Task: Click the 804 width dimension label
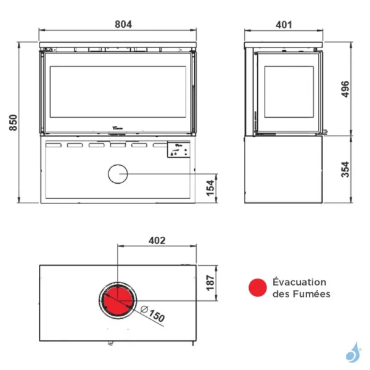point(123,24)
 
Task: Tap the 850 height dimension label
point(14,123)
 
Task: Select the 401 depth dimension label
point(284,25)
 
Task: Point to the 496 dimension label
point(345,89)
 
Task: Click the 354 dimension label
point(345,169)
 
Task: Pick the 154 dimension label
point(210,188)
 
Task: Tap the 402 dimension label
point(157,240)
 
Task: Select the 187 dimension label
point(210,282)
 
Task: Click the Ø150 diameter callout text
point(153,314)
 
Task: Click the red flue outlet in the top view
point(118,301)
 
